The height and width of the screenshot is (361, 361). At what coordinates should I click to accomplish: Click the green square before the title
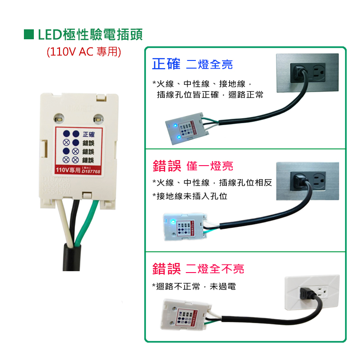coord(29,34)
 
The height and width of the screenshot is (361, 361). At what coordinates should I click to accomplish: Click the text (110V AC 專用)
coord(83,51)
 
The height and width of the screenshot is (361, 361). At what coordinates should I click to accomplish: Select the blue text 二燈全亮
coord(209,65)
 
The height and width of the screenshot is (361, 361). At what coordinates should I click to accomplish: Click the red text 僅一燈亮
coord(210,166)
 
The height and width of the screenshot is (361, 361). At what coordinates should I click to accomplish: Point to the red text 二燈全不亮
coord(215,269)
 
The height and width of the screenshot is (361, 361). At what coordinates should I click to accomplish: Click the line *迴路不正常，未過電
coord(194,287)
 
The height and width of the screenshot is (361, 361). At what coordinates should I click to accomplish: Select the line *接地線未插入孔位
coord(190,196)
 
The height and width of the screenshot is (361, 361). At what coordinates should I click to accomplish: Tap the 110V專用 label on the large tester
coord(67,171)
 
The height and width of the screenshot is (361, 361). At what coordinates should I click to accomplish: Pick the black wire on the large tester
coord(74,221)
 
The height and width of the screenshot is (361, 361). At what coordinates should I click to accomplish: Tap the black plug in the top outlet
coord(298,71)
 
